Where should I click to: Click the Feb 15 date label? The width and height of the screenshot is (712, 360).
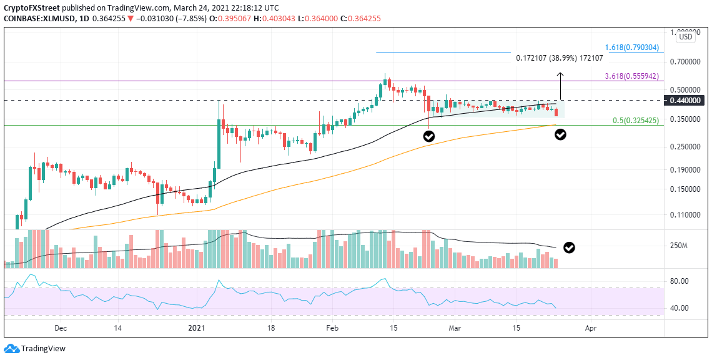click(393, 327)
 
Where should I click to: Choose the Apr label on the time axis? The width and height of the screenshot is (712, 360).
click(590, 327)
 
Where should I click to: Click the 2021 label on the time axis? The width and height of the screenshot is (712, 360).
click(196, 327)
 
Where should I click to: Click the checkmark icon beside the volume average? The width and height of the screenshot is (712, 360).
click(569, 247)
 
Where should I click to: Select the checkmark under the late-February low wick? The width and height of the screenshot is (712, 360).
click(428, 136)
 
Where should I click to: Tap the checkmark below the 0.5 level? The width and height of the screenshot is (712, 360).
click(561, 134)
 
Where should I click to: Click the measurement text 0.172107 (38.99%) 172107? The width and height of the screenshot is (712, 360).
click(559, 57)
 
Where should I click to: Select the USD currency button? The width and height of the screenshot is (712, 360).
click(686, 37)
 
